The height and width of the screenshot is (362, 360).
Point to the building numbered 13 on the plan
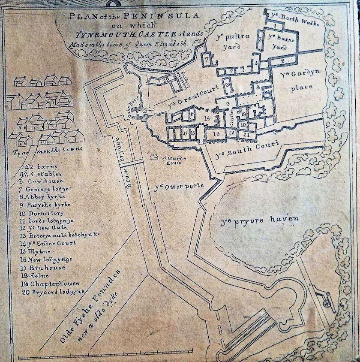click(x=216, y=134)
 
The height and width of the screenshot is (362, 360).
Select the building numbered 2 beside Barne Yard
click(x=283, y=61)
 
